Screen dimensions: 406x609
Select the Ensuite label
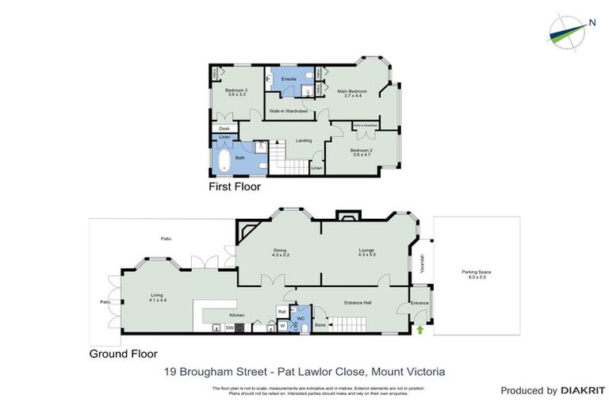tap(289, 79)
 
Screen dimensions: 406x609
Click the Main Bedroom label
tap(350, 92)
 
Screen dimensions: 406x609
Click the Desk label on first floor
tap(224, 128)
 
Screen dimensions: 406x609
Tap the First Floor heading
tap(234, 188)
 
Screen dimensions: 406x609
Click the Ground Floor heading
tap(123, 354)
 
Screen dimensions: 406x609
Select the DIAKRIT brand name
tap(582, 391)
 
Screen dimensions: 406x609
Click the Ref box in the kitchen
tap(282, 311)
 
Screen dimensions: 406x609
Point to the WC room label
tap(301, 319)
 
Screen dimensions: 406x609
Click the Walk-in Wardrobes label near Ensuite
tap(289, 111)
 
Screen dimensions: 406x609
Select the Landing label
tap(303, 140)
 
